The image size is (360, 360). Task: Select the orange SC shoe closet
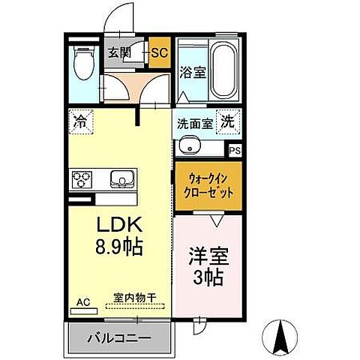(159, 52)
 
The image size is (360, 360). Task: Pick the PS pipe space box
(235, 150)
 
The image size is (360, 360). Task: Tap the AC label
(82, 302)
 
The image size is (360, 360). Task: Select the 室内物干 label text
(135, 298)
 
